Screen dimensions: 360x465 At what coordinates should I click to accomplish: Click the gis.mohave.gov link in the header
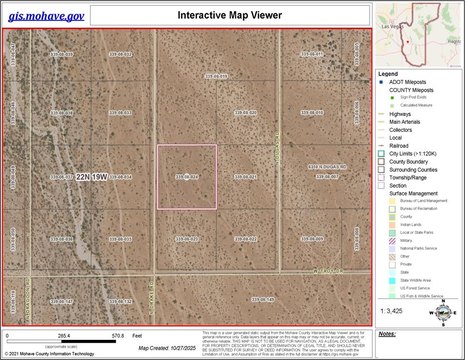point(46,15)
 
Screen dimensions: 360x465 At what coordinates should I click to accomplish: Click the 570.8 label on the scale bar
point(118,336)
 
